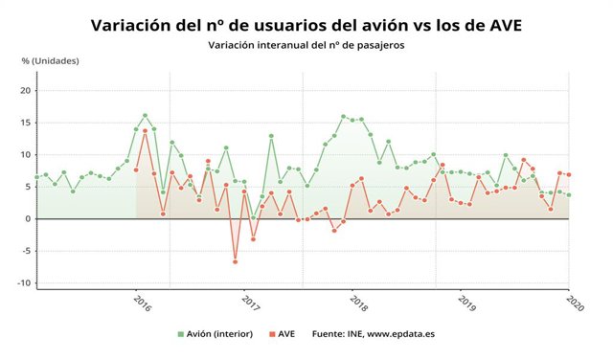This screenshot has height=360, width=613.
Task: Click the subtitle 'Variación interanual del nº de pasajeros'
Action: click(306, 45)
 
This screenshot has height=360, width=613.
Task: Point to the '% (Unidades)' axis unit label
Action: click(51, 60)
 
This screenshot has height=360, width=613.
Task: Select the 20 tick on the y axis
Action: click(26, 91)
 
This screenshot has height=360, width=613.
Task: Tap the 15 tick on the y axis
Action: click(26, 123)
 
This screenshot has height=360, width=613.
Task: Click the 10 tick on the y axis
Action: click(26, 155)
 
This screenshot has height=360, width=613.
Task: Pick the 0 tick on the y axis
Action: click(29, 218)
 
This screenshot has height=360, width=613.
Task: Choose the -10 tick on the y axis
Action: click(24, 282)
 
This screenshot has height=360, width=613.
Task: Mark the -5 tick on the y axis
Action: click(26, 251)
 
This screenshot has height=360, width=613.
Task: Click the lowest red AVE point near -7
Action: click(235, 261)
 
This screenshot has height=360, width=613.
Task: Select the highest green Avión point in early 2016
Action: click(145, 116)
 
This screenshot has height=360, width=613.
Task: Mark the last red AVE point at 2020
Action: click(569, 174)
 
